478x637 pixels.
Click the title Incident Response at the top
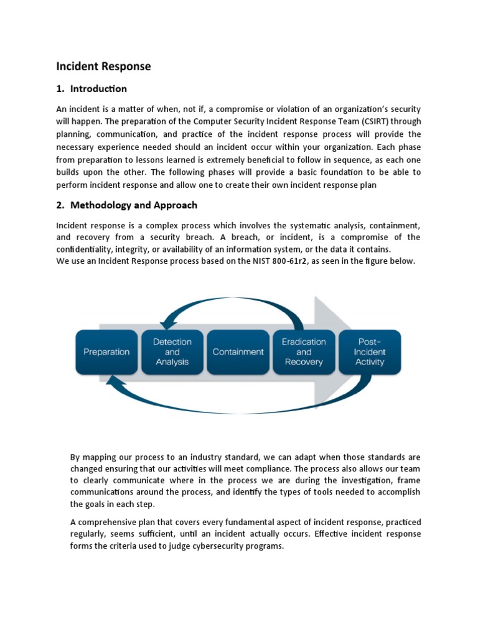[x=103, y=66]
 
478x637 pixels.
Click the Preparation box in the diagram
[x=106, y=352]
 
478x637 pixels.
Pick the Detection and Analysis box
[x=172, y=352]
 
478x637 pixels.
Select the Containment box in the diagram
[x=238, y=352]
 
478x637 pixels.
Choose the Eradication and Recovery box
[x=304, y=352]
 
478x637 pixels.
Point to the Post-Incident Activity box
[x=370, y=352]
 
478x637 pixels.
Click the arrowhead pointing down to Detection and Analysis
[x=166, y=325]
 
